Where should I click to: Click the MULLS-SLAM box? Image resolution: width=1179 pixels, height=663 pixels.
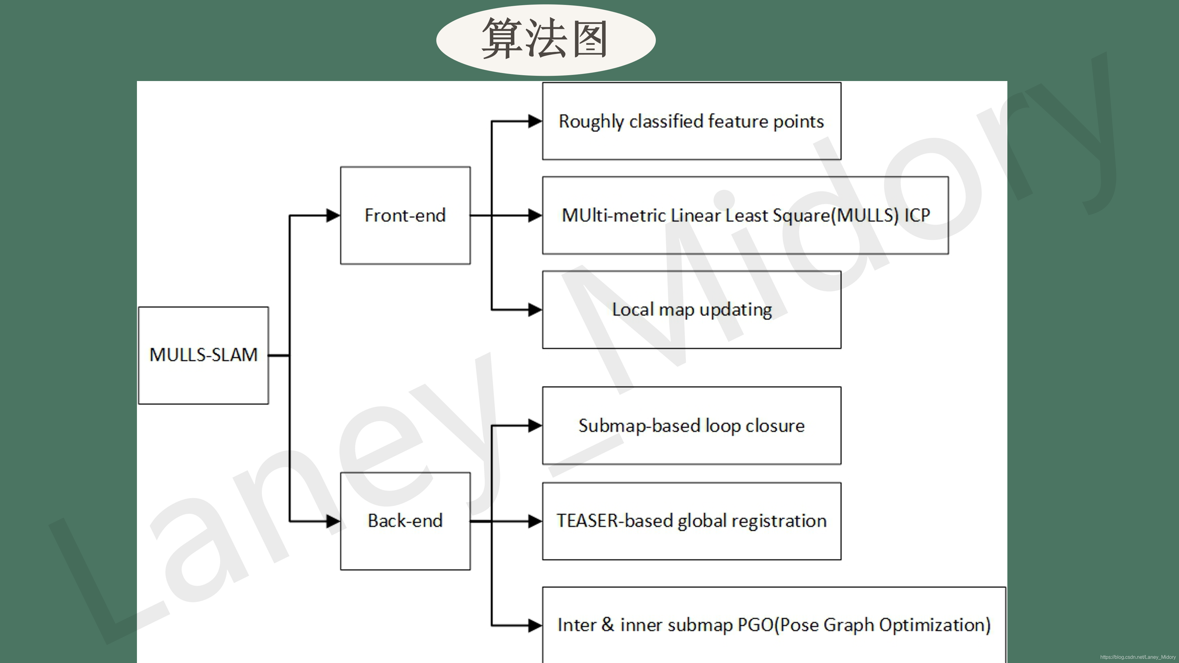coord(203,355)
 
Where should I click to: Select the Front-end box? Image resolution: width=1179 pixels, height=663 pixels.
coord(405,215)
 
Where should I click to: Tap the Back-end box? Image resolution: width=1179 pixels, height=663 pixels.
coord(405,521)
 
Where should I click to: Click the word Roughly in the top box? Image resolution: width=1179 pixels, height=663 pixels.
coord(591,122)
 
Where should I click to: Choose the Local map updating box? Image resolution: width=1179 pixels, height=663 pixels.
coord(691,310)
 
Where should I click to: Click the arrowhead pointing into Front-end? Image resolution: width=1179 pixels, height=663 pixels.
coord(333,215)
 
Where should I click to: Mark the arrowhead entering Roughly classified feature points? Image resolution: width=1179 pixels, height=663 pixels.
coord(535,121)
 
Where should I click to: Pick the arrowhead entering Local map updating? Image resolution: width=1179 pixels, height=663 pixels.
coord(535,310)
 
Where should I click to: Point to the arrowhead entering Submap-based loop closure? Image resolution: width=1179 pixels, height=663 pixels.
coord(535,425)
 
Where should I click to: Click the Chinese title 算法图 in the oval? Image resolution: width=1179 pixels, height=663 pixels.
coord(545,39)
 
